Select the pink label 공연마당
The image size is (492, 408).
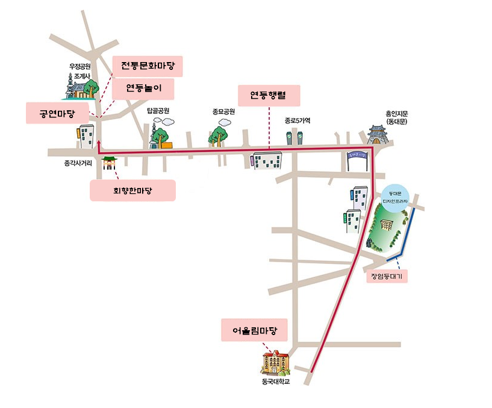click(58, 113)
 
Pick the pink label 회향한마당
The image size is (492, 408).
click(132, 190)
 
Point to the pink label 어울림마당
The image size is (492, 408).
click(254, 330)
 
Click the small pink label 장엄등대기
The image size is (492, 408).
click(387, 277)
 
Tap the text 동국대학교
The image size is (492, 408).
click(276, 381)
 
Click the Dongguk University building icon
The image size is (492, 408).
click(276, 362)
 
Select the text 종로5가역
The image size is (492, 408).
click(297, 121)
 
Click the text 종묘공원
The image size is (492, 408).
click(223, 111)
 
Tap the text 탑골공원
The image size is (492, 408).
click(158, 111)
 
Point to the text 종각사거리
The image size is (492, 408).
click(78, 163)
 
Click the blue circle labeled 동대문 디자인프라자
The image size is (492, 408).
click(396, 196)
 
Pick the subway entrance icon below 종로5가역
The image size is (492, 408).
click(293, 137)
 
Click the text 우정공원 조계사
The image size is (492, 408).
click(79, 72)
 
